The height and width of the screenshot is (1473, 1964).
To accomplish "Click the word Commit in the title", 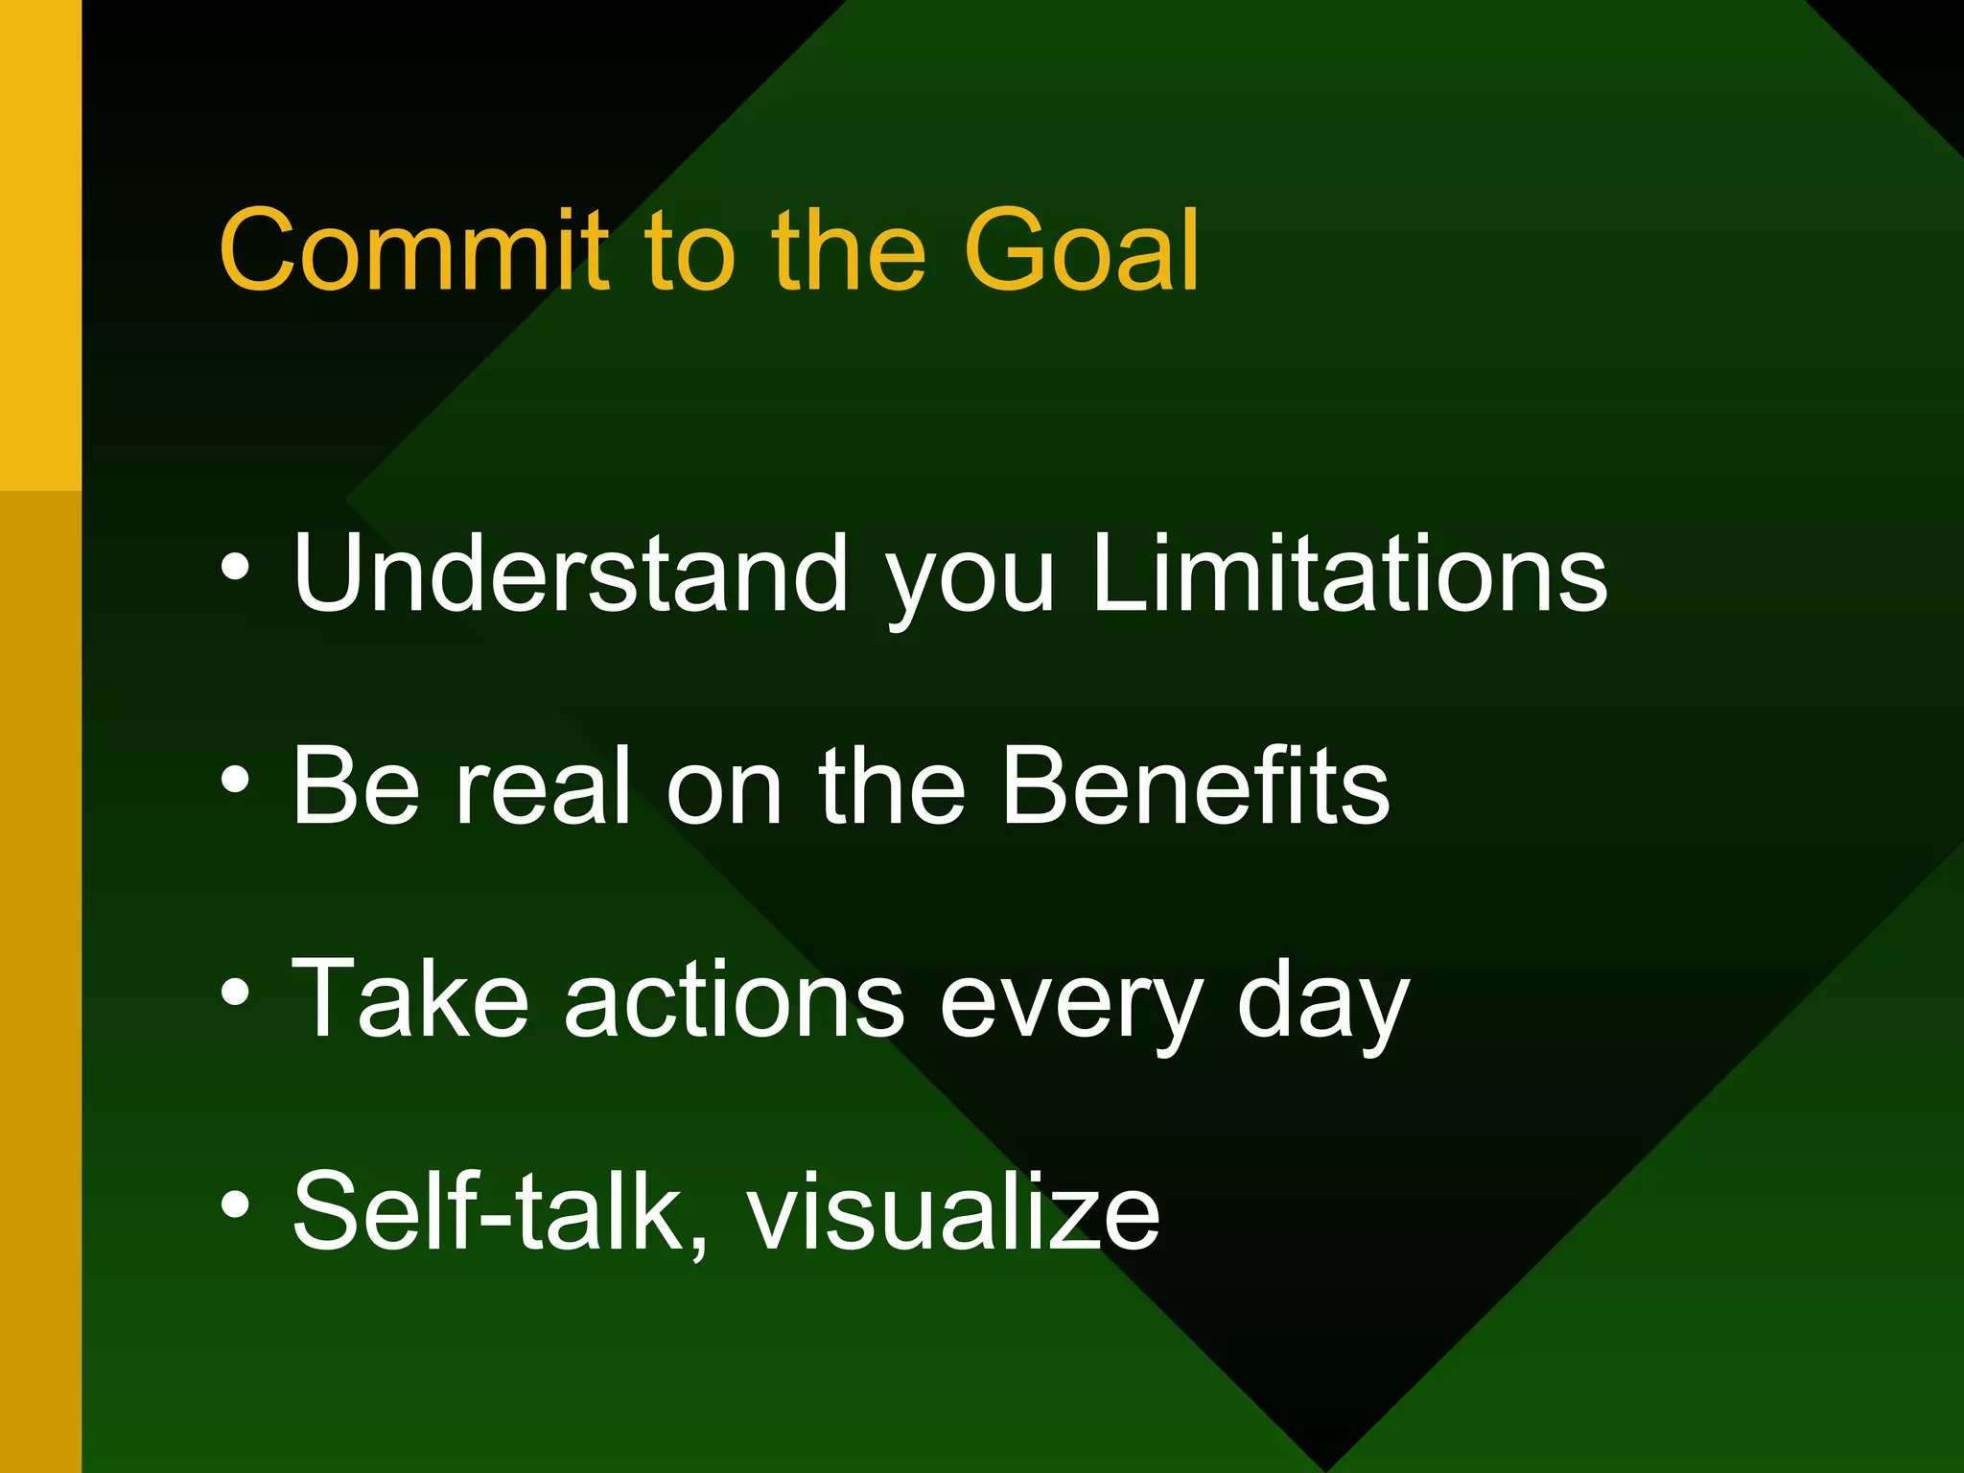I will pos(413,250).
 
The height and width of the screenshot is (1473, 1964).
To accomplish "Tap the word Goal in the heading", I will pos(1081,250).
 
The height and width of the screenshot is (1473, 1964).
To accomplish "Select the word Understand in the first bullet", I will pos(571,573).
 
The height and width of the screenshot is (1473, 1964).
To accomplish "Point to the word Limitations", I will pos(1349,573).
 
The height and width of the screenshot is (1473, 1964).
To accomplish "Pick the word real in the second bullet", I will pos(543,786).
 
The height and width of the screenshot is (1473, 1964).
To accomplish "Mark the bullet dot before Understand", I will pos(235,568).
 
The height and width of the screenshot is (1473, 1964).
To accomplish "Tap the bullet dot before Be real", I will pos(235,781).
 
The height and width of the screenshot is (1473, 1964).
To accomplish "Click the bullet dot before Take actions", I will pos(235,994).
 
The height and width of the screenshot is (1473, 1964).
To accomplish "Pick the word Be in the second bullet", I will pos(356,786).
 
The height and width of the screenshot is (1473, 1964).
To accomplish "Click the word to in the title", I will pos(689,252).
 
